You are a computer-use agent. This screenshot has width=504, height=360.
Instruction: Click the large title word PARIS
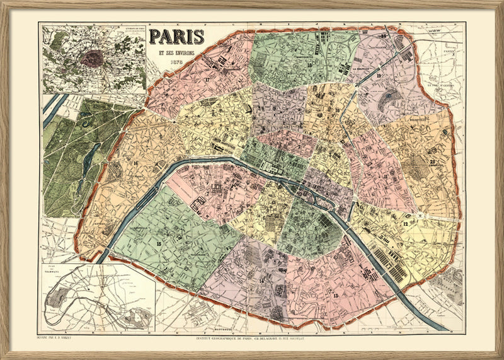point(177,37)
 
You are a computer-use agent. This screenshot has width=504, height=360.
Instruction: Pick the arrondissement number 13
point(335,295)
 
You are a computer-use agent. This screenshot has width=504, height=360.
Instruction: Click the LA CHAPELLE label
point(362,69)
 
